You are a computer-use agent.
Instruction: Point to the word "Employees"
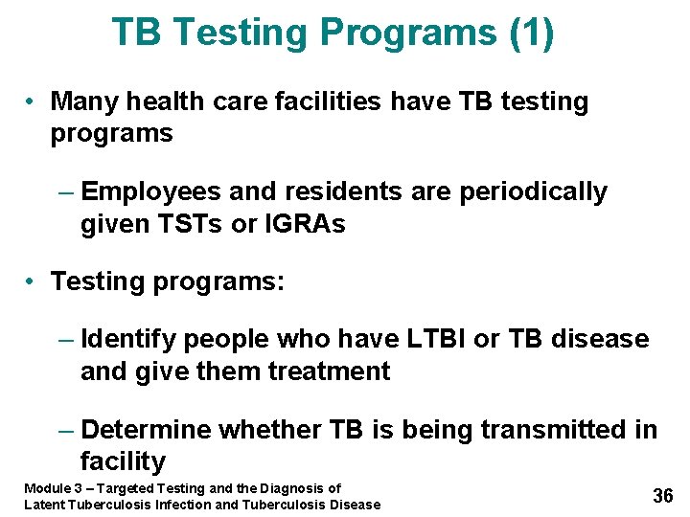pos(152,191)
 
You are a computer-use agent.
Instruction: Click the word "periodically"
pos(534,191)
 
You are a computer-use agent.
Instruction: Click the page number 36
pos(662,496)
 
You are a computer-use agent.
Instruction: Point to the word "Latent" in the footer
pos(44,505)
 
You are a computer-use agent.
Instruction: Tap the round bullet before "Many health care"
pos(32,102)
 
